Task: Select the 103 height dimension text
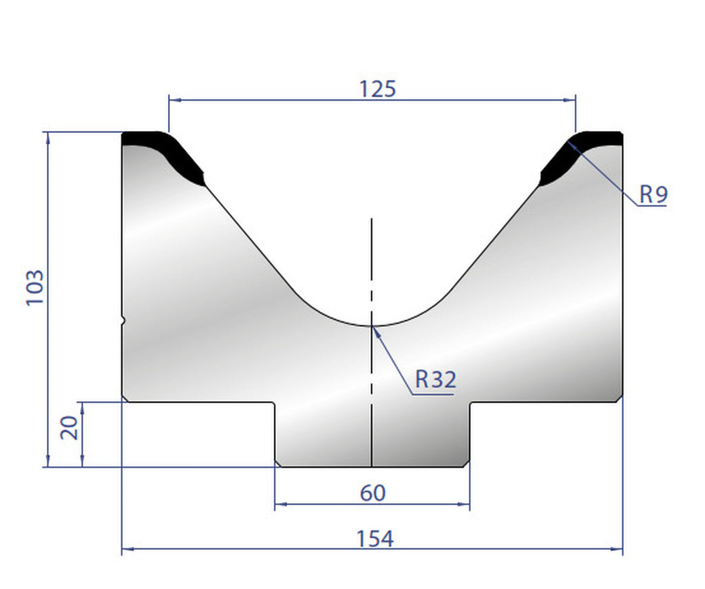36,288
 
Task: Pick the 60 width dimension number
372,493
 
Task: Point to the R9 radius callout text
653,195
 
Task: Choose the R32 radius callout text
435,379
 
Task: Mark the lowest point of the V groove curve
372,324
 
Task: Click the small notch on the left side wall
124,320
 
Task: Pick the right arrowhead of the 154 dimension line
618,550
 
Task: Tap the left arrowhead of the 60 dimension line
280,505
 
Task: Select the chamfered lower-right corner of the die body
619,398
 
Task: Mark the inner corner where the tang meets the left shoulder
275,402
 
